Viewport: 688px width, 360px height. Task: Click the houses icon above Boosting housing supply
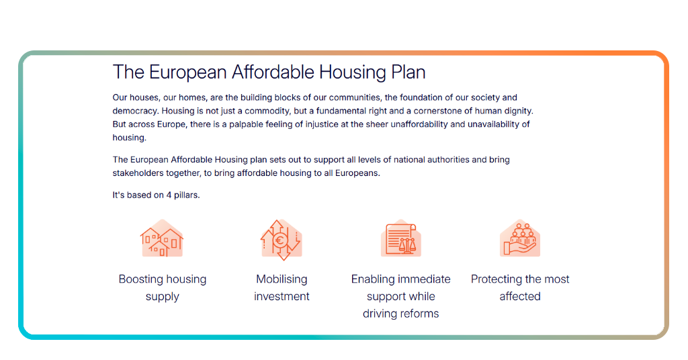[162, 239]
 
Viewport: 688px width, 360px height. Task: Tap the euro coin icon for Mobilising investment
[281, 239]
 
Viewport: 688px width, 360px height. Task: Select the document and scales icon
[401, 239]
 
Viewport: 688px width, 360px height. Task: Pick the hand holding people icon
[520, 239]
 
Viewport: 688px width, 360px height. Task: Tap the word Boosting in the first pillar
[142, 279]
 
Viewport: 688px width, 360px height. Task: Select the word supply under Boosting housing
[163, 296]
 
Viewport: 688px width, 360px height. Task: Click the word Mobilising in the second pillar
[282, 279]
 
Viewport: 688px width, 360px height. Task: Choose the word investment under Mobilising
[282, 296]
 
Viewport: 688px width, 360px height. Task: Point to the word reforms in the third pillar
[420, 314]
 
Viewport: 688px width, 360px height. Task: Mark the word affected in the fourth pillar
[520, 296]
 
